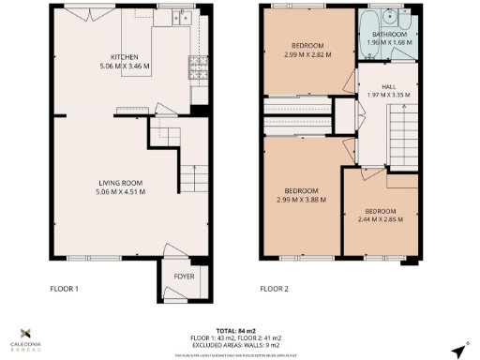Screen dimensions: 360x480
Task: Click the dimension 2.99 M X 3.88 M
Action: [303, 199]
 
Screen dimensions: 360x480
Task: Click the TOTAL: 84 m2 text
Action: [240, 330]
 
